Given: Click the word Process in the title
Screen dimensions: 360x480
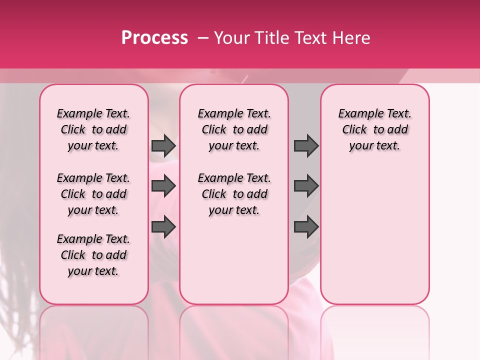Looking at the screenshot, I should pos(154,38).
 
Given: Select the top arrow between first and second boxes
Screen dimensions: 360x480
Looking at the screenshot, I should pos(163,145).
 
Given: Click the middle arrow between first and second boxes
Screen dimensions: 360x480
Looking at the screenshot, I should pos(163,186).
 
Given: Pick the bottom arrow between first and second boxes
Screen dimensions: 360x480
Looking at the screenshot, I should pos(163,227).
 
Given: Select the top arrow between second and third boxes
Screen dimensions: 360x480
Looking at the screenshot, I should pos(306,145).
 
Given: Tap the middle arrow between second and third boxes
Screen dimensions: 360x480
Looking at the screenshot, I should pos(306,186).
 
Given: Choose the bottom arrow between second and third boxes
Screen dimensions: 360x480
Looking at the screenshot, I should pos(306,227).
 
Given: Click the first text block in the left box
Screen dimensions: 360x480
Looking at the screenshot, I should pos(93,129).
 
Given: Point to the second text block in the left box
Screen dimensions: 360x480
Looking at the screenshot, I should pos(93,194).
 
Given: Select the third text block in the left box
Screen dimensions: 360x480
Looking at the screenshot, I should pos(93,255).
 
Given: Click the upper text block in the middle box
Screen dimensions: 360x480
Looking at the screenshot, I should pos(234,129).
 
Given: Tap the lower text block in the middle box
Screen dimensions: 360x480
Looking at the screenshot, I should pos(234,194).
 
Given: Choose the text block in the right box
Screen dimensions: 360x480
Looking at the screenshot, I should pos(374,129).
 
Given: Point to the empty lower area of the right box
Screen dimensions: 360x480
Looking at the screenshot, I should pos(374,230).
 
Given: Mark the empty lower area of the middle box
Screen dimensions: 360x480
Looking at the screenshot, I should pos(234,260).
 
